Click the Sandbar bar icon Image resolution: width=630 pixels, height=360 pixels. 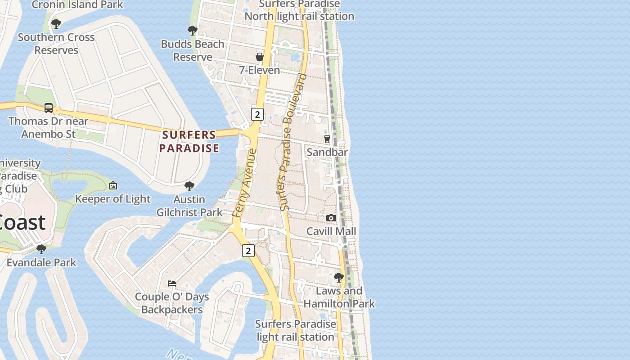pyautogui.click(x=327, y=139)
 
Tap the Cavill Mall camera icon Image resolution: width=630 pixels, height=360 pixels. pyautogui.click(x=331, y=218)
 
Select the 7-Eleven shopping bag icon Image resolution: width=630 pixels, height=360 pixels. pyautogui.click(x=260, y=57)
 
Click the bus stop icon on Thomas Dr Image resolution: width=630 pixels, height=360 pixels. pyautogui.click(x=49, y=108)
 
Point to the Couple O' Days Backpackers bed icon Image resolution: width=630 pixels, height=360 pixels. pyautogui.click(x=172, y=283)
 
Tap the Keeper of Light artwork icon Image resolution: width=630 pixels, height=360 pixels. pyautogui.click(x=113, y=185)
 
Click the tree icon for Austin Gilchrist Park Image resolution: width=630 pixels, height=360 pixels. pyautogui.click(x=189, y=186)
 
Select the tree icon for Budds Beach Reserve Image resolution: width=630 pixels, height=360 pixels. pyautogui.click(x=193, y=31)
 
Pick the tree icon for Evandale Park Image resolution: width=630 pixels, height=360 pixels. pyautogui.click(x=41, y=249)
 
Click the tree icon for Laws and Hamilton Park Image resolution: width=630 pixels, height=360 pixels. pyautogui.click(x=339, y=278)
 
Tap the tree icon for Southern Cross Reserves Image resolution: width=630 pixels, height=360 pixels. pyautogui.click(x=56, y=24)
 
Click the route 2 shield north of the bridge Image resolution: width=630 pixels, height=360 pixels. pyautogui.click(x=257, y=114)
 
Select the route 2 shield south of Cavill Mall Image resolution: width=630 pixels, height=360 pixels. pyautogui.click(x=248, y=251)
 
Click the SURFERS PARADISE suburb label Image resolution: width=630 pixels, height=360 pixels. pyautogui.click(x=189, y=141)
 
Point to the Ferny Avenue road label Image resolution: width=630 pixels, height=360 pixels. pyautogui.click(x=245, y=184)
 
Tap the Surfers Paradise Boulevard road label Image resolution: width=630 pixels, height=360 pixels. pyautogui.click(x=292, y=142)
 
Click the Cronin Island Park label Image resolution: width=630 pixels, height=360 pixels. pyautogui.click(x=77, y=5)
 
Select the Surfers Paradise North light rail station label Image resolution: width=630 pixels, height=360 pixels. pyautogui.click(x=299, y=10)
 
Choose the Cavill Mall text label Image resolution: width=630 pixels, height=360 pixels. pyautogui.click(x=331, y=231)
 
